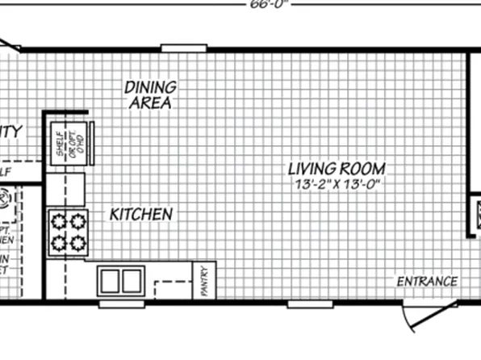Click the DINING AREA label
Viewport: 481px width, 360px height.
pyautogui.click(x=151, y=94)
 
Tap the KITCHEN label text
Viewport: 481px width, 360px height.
pyautogui.click(x=141, y=215)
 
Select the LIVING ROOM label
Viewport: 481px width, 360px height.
pyautogui.click(x=337, y=170)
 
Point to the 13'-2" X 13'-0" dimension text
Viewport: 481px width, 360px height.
pyautogui.click(x=337, y=185)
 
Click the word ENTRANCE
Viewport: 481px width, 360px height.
pyautogui.click(x=427, y=282)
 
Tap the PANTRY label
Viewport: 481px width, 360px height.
pyautogui.click(x=204, y=282)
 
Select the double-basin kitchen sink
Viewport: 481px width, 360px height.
pyautogui.click(x=121, y=280)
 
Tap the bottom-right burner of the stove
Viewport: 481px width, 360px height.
pyautogui.click(x=77, y=242)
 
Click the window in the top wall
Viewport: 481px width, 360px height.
pyautogui.click(x=184, y=48)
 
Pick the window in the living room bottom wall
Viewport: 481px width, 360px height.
pyautogui.click(x=311, y=303)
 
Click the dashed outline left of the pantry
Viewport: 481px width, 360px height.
pyautogui.click(x=170, y=288)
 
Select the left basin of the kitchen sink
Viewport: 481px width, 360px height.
pyautogui.click(x=111, y=280)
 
